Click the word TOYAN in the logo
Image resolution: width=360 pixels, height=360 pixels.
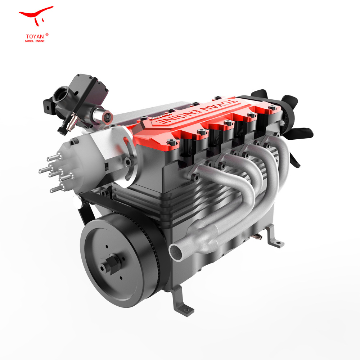[34, 36]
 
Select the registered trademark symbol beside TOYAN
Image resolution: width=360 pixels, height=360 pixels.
[47, 35]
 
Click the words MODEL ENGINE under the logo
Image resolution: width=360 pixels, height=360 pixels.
[35, 41]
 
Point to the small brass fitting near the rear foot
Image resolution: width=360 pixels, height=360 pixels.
[257, 236]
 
